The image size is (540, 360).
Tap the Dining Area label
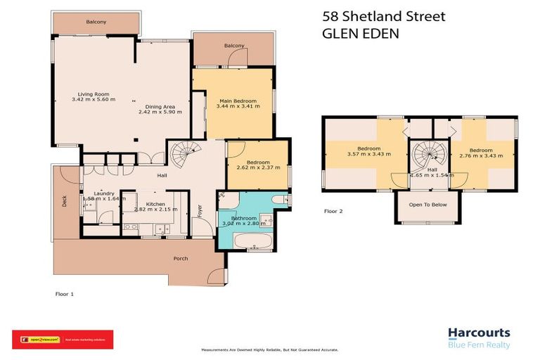click(x=155, y=107)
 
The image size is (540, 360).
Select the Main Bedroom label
click(x=238, y=101)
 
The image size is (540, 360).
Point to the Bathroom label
click(x=244, y=219)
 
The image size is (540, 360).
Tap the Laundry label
click(x=104, y=193)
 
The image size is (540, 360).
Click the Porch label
click(x=181, y=259)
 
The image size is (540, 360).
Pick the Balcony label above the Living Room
click(x=96, y=22)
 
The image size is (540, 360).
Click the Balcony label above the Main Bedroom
click(x=234, y=46)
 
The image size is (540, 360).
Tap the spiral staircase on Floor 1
click(x=188, y=150)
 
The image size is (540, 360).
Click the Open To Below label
click(x=428, y=205)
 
